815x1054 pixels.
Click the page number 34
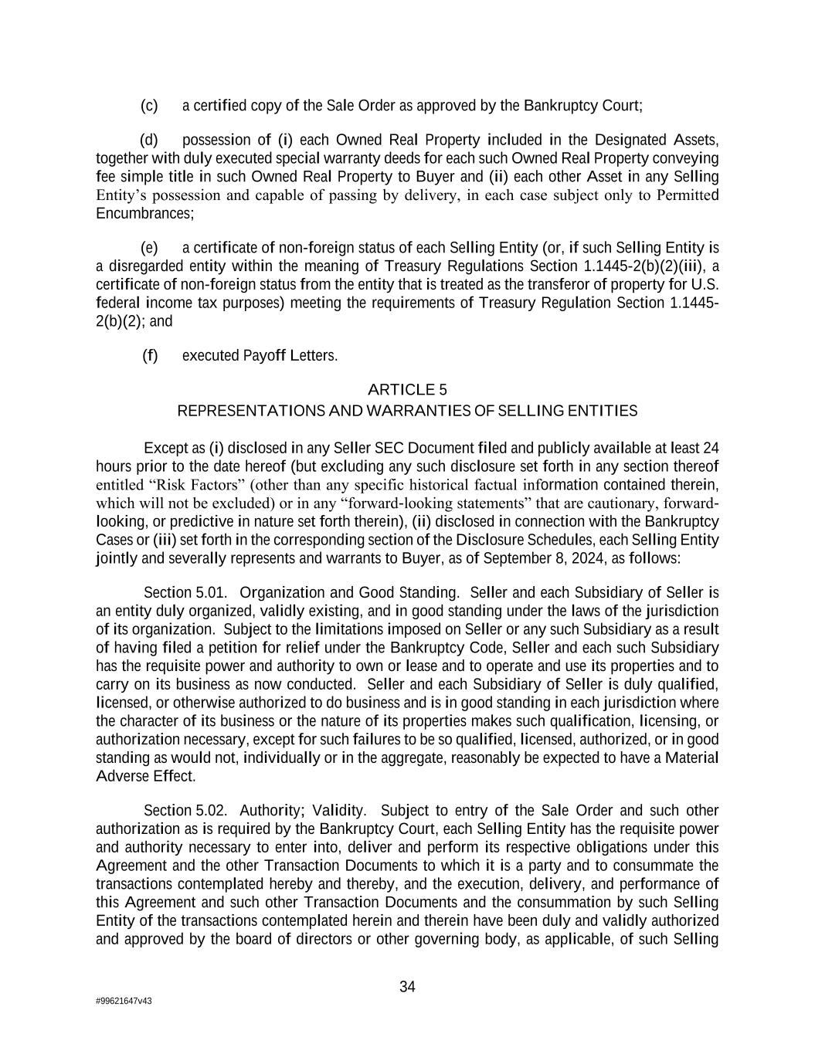coord(407,987)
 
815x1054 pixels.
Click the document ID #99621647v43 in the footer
coord(124,1001)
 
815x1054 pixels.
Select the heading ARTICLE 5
coord(407,389)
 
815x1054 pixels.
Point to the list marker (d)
coord(149,140)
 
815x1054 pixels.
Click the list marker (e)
coord(149,248)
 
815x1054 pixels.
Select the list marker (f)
coord(149,356)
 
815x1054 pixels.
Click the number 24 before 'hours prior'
coord(711,448)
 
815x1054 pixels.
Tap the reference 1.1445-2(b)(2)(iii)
coord(644,266)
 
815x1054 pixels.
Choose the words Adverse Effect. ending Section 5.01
coord(145,776)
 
